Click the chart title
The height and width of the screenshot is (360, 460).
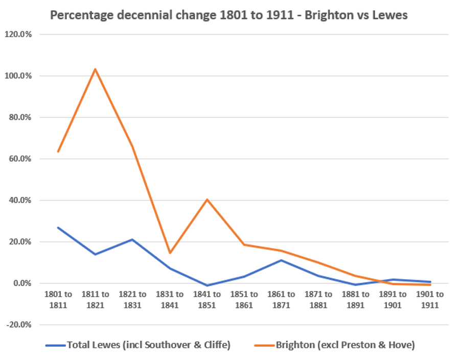click(228, 15)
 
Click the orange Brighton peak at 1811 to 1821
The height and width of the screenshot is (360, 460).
click(95, 69)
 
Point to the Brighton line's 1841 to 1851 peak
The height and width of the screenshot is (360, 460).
click(207, 199)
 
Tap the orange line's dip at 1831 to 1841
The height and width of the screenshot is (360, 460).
click(170, 253)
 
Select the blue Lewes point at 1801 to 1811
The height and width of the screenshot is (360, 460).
click(58, 228)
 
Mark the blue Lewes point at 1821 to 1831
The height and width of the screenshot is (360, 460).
click(132, 239)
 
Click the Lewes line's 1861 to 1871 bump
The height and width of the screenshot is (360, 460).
click(282, 260)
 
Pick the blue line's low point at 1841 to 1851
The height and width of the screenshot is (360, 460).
click(207, 285)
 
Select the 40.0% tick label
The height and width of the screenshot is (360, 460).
click(19, 200)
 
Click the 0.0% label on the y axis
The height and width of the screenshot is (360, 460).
click(21, 283)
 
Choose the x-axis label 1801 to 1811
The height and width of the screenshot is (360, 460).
click(58, 300)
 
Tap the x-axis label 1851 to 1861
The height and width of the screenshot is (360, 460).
click(244, 300)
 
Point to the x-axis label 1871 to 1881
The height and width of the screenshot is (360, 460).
click(319, 300)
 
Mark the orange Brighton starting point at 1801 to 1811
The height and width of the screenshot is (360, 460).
click(58, 151)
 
